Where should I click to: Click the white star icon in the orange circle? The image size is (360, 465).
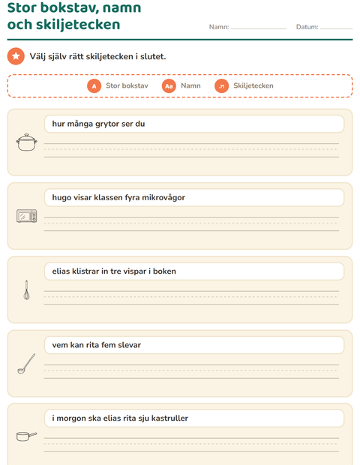click(x=16, y=56)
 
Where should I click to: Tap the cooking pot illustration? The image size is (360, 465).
click(x=27, y=142)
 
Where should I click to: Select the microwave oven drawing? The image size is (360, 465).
click(x=27, y=216)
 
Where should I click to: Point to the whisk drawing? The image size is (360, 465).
click(x=27, y=289)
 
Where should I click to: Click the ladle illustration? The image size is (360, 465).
click(x=26, y=364)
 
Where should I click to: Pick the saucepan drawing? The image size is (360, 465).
click(x=27, y=436)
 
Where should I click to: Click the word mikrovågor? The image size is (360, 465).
click(x=163, y=198)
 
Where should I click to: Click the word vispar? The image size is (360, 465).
click(x=133, y=271)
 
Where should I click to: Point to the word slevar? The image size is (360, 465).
click(x=129, y=345)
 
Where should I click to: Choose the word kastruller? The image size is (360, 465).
click(x=169, y=418)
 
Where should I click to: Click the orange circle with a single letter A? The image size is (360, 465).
click(x=94, y=86)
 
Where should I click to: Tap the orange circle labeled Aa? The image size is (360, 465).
click(x=169, y=86)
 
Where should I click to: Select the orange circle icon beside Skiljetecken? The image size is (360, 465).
click(x=221, y=86)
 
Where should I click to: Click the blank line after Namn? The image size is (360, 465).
click(x=259, y=28)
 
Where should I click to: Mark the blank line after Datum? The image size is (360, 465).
click(x=337, y=28)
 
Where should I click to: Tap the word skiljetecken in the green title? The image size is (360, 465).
click(x=78, y=25)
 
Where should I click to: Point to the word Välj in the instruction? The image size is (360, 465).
click(x=37, y=56)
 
